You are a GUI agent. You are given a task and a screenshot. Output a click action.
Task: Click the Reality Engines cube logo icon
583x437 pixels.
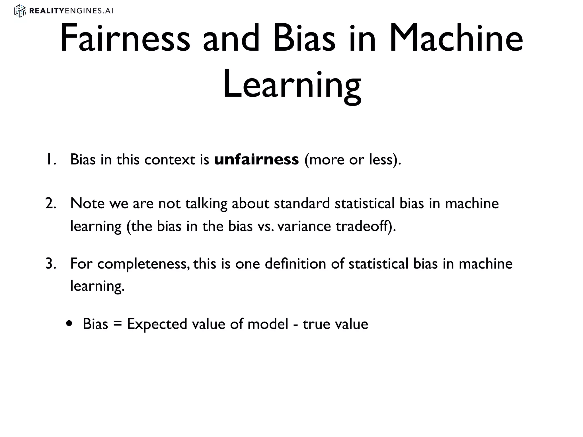pyautogui.click(x=20, y=11)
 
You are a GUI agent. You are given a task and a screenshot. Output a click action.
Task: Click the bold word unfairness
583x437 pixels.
pyautogui.click(x=256, y=159)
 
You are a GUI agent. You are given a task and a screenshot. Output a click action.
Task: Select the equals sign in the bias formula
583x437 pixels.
pyautogui.click(x=117, y=324)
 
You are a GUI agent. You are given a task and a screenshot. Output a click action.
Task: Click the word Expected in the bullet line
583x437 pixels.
pyautogui.click(x=157, y=324)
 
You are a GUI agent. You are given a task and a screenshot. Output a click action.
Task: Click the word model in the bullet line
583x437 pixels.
pyautogui.click(x=268, y=324)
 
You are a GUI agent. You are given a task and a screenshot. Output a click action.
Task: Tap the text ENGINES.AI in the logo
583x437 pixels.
pyautogui.click(x=89, y=11)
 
